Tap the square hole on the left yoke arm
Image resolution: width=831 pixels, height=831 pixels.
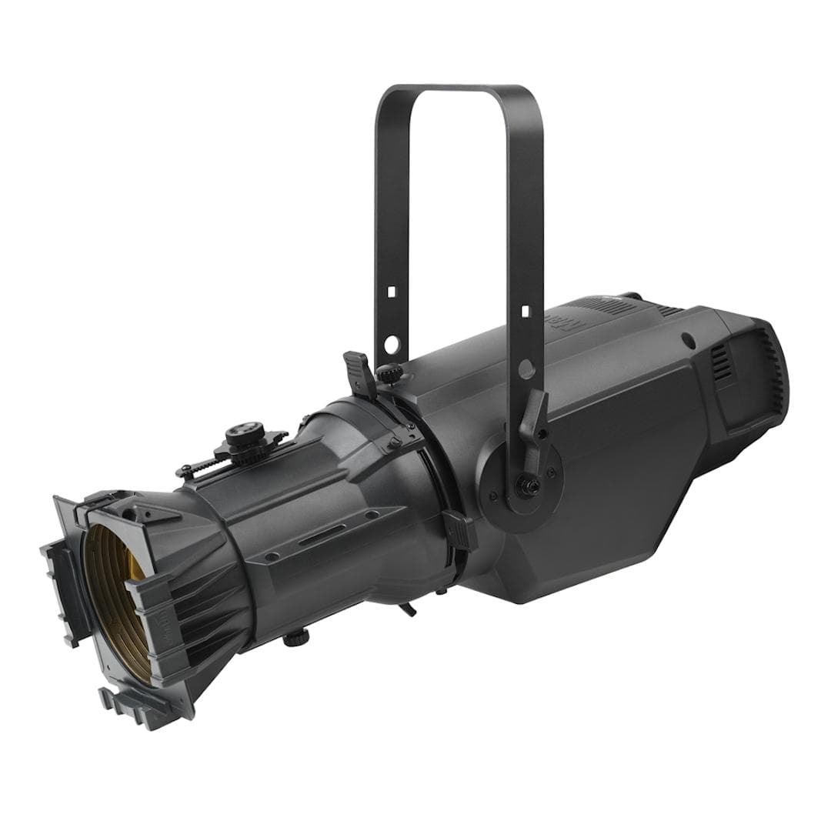pos(391,292)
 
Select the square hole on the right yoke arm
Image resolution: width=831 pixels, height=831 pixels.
pos(526,312)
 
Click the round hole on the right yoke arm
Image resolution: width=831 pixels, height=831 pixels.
pos(526,369)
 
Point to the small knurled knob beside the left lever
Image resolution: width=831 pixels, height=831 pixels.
pos(391,373)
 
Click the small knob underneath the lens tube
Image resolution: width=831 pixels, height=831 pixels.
pos(295,637)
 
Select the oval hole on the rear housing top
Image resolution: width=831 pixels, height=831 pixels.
pos(688,339)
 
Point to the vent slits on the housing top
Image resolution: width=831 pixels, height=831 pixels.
pos(616,306)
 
